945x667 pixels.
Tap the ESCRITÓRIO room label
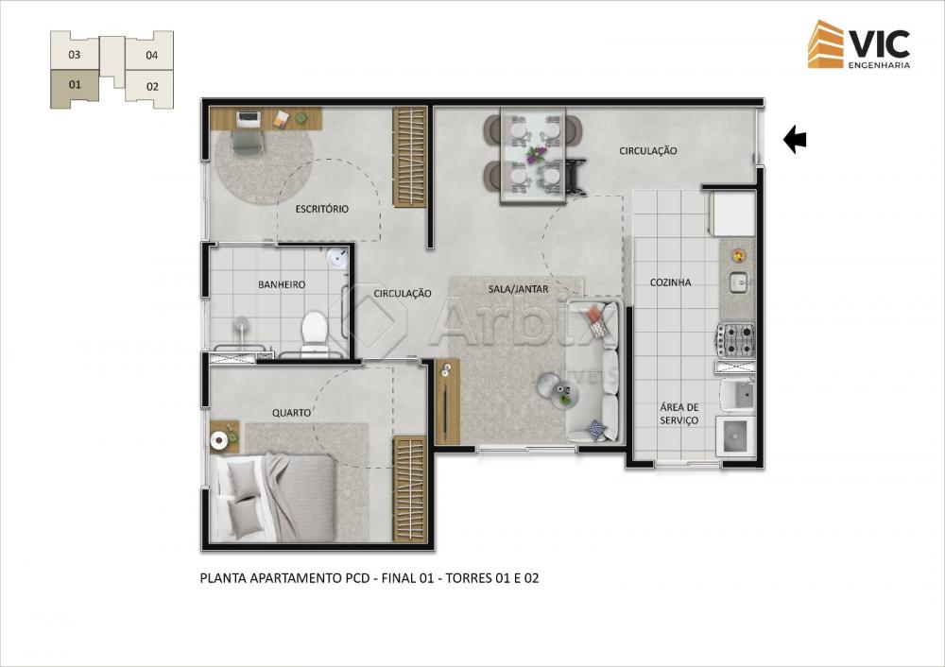(322, 209)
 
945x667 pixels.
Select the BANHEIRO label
(282, 284)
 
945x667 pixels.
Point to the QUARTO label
(291, 413)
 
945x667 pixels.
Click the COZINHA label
(670, 282)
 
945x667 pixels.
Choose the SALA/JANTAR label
(518, 289)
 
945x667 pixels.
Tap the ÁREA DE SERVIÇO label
(679, 414)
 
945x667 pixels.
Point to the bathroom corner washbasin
(337, 257)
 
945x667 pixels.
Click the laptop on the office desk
(247, 119)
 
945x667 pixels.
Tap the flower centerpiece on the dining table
(535, 154)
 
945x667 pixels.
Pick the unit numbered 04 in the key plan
(151, 55)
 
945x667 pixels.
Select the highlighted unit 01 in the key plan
(74, 86)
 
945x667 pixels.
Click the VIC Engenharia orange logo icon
(826, 44)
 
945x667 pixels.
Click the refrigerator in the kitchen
(733, 214)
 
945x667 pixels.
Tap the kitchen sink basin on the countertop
(739, 282)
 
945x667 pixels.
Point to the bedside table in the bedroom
(224, 437)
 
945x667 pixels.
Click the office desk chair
(247, 144)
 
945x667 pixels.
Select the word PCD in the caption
(357, 578)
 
